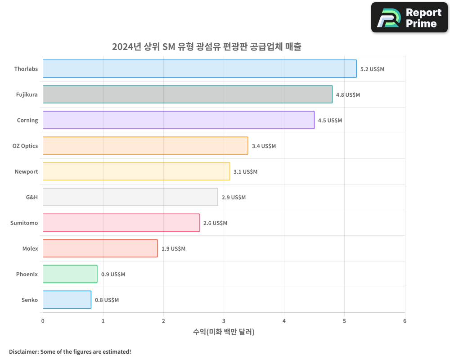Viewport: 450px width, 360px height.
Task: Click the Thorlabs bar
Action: tap(199, 69)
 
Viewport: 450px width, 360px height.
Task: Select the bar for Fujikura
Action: tap(188, 94)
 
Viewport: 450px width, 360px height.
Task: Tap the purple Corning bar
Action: tap(179, 120)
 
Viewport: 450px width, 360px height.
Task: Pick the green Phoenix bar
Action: tap(70, 274)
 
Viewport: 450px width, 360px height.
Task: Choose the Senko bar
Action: tap(67, 300)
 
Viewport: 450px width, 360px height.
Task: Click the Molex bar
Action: tap(100, 248)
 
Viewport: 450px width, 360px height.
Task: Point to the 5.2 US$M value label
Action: tap(372, 69)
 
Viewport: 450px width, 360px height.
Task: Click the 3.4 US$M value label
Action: tap(264, 146)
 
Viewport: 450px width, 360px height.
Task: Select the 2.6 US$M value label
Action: tap(215, 223)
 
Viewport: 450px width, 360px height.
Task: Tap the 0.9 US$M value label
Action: tap(113, 274)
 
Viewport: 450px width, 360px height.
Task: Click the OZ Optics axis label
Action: tap(25, 146)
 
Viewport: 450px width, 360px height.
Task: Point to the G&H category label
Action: tap(32, 197)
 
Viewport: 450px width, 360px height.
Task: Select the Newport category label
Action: tap(27, 171)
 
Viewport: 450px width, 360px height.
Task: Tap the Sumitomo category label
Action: tap(24, 223)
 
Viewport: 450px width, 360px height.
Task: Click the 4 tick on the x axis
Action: tap(284, 321)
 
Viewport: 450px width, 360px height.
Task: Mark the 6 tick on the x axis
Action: tap(405, 321)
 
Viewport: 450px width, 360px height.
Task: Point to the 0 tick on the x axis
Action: tap(43, 321)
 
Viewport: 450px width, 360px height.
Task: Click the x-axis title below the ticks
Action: tap(224, 332)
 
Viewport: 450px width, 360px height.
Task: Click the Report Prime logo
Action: tap(409, 18)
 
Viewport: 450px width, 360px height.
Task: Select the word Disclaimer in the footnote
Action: tap(23, 351)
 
